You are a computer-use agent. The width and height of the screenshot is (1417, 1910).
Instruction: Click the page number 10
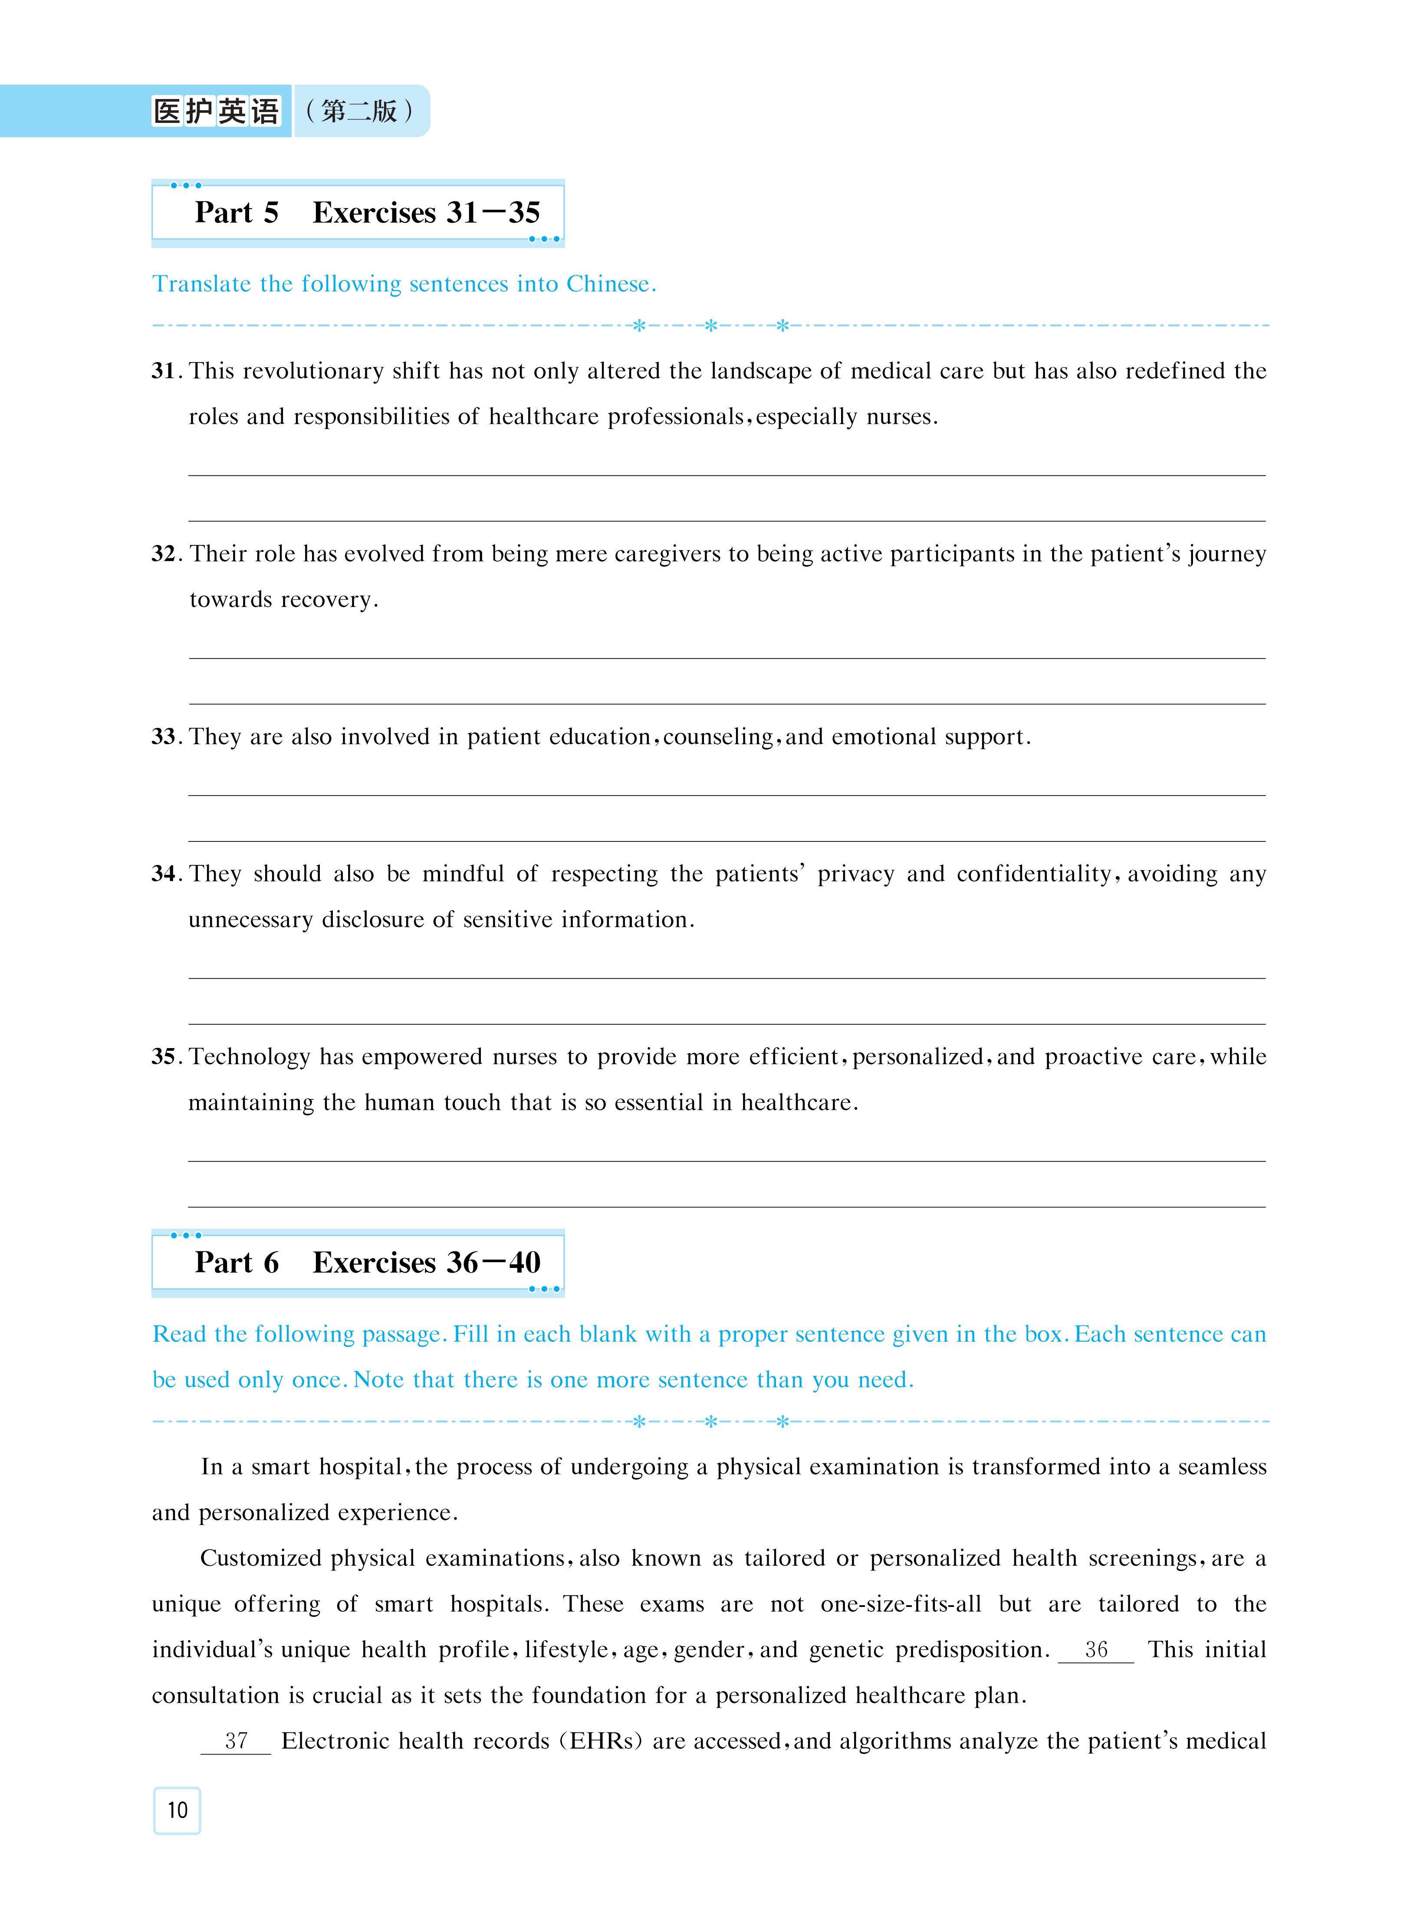click(177, 1811)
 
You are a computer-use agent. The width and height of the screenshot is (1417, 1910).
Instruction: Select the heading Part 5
click(237, 213)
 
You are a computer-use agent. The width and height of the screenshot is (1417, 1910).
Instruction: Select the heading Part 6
click(237, 1263)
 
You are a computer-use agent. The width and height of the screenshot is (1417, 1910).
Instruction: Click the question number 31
click(164, 372)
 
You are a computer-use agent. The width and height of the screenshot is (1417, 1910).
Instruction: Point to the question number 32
click(164, 554)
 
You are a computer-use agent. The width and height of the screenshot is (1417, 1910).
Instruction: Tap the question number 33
click(164, 737)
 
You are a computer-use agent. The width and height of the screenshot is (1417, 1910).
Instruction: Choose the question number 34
click(164, 874)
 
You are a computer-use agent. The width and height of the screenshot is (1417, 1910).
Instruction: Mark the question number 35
click(164, 1057)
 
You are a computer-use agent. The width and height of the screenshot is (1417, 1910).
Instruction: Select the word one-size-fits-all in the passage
click(901, 1604)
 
